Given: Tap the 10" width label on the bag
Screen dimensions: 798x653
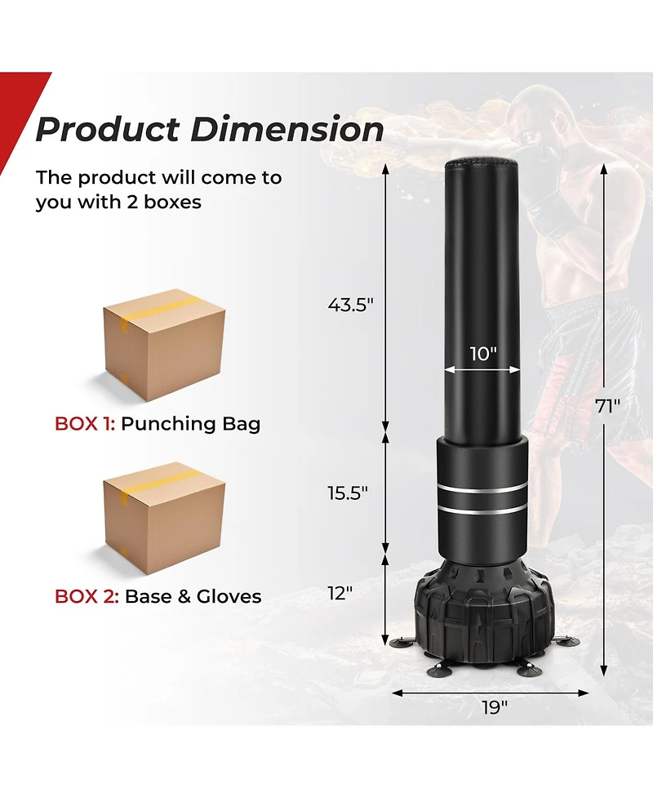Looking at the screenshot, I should [x=483, y=354].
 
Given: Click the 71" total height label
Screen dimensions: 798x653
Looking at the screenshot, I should [x=608, y=407].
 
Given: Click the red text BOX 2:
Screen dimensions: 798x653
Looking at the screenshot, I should [x=86, y=596].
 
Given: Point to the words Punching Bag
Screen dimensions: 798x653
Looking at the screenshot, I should [x=191, y=424].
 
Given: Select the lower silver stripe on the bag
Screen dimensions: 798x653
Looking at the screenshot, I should [x=482, y=510].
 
